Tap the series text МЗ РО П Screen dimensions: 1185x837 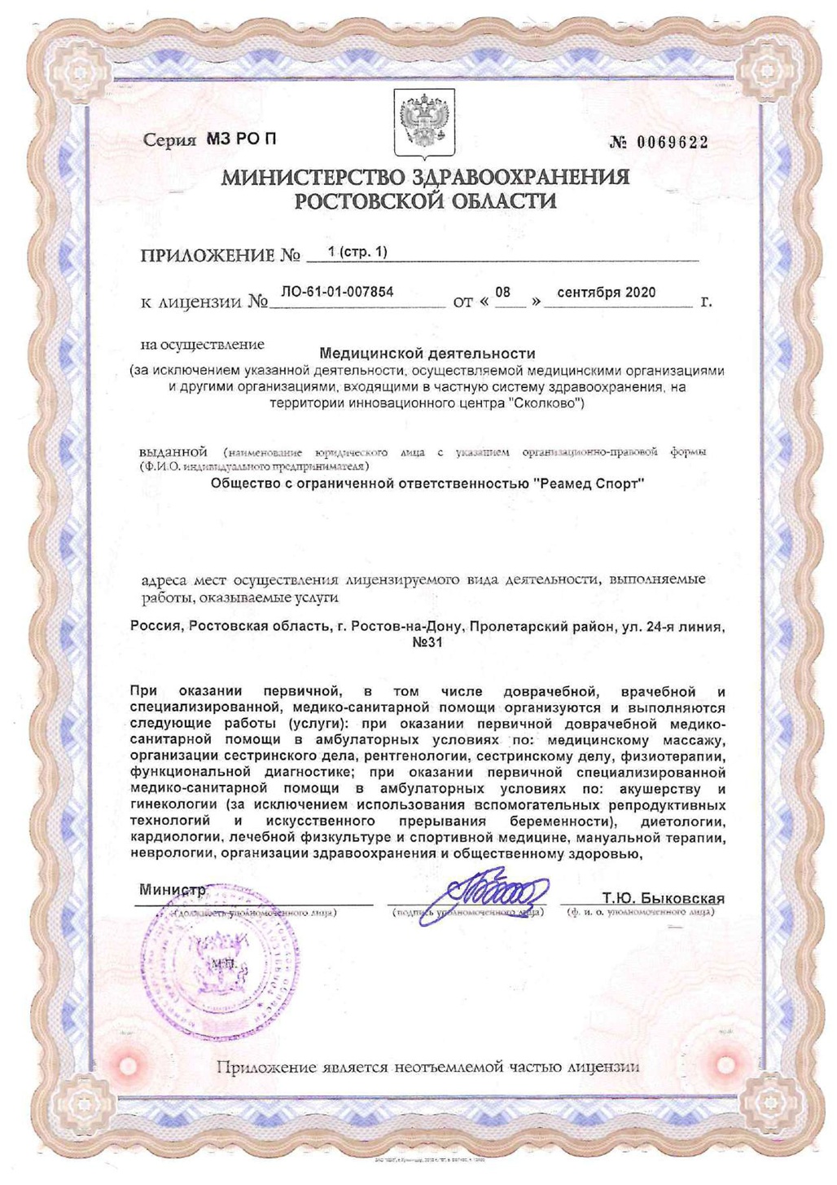point(242,139)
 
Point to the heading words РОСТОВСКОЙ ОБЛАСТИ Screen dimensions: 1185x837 point(425,201)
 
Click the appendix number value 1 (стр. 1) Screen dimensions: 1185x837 point(356,252)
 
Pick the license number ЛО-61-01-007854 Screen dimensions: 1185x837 point(337,292)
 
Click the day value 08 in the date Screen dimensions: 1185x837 point(502,293)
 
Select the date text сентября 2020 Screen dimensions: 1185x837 point(606,293)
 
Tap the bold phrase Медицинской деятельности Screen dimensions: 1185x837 point(427,354)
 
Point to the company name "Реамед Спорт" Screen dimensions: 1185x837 point(589,483)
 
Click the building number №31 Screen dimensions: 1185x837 point(427,642)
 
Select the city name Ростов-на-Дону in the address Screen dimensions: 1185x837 point(410,627)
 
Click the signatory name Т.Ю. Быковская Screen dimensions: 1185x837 point(663,898)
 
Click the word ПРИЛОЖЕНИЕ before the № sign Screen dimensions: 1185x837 point(208,256)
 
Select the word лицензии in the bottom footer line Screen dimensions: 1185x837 point(604,1067)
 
